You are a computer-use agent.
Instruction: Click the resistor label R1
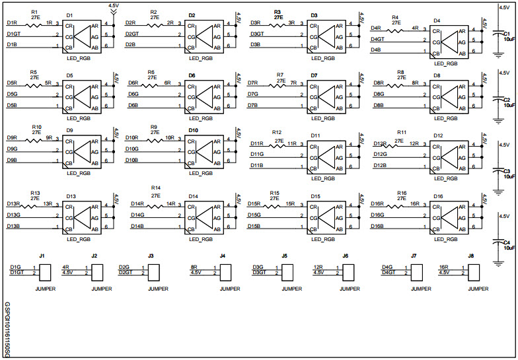34,12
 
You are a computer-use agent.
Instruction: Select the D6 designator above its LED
192,75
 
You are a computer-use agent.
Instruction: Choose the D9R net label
13,137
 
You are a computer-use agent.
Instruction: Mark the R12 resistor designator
276,132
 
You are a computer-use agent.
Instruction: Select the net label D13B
14,227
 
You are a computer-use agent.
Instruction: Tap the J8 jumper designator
471,255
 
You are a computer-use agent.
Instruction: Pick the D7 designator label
314,75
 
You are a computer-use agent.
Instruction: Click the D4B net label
375,50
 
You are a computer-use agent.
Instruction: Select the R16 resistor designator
401,193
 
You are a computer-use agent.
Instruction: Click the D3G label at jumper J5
258,267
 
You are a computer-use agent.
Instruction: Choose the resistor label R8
400,71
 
